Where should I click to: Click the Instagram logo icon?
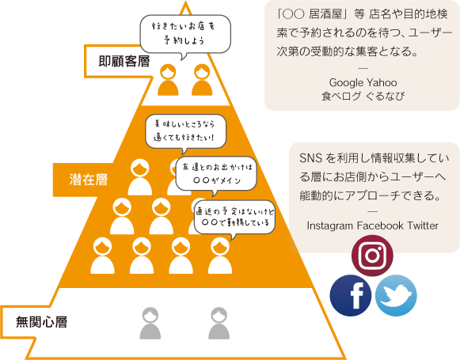(372, 256)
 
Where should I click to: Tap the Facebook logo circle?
(351, 295)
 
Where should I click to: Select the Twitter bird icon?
(396, 295)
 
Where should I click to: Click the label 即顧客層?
(124, 61)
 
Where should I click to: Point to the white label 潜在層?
(89, 180)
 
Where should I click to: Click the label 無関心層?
(41, 322)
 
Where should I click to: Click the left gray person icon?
(150, 323)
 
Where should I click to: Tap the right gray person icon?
(219, 323)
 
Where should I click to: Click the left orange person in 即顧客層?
(168, 80)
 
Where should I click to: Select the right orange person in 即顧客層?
(202, 80)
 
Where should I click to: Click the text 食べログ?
(341, 96)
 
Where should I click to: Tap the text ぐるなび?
(386, 96)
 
